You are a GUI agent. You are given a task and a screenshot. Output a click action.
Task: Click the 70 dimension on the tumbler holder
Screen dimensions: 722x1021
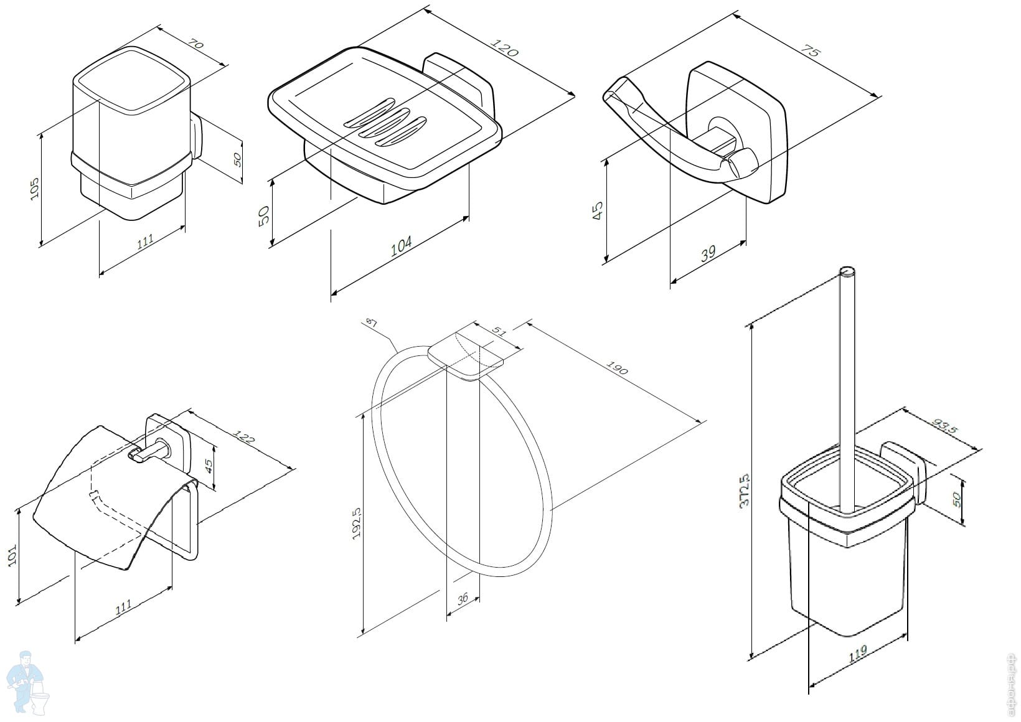coord(195,45)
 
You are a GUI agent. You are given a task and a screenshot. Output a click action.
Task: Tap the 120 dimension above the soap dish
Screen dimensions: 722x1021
coord(504,48)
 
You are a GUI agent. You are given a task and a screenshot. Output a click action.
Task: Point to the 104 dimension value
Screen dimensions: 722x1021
coord(401,246)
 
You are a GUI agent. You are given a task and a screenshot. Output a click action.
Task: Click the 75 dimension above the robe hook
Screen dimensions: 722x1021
coord(809,51)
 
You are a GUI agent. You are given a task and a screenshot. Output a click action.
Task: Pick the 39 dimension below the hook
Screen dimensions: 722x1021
coord(708,253)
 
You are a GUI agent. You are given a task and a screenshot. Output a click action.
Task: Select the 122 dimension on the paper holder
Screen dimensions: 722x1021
coord(245,438)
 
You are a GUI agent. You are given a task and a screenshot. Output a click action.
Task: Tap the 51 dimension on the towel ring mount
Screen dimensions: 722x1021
coord(499,332)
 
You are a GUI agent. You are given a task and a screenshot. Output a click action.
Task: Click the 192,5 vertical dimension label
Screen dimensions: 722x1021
coord(357,523)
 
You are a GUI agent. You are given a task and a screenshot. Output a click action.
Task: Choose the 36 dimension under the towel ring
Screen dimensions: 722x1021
coord(462,599)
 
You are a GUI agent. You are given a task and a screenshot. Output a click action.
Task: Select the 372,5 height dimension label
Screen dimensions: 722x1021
coord(745,492)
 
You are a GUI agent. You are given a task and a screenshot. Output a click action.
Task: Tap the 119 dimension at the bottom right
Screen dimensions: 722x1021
coord(857,654)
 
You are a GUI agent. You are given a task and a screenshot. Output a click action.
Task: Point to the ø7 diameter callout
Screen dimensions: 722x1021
coord(371,322)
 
